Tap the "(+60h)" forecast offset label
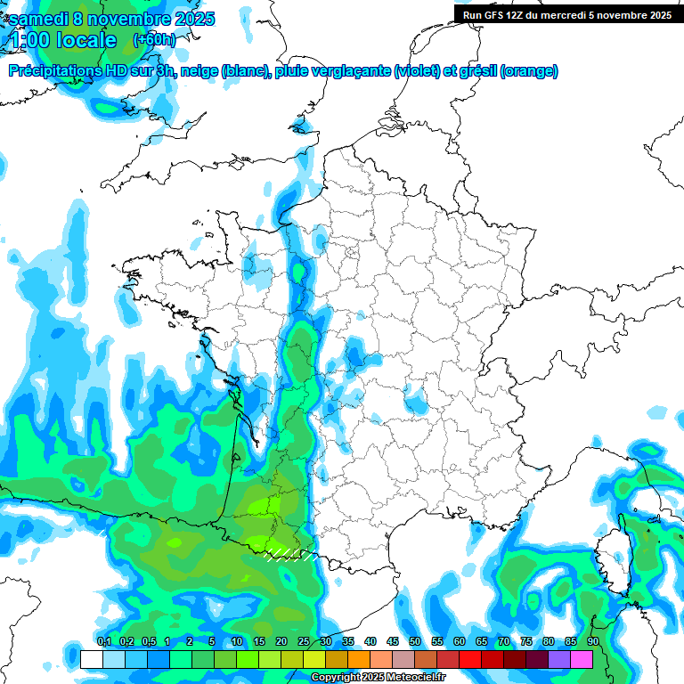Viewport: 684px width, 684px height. coord(154,40)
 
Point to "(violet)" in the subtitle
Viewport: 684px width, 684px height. coord(416,71)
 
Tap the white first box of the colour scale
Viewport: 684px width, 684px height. coord(91,659)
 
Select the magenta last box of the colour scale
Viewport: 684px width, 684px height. coord(582,659)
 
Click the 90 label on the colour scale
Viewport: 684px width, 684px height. coord(592,642)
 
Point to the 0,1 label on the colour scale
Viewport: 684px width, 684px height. coord(103,642)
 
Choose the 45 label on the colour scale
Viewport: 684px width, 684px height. coord(393,642)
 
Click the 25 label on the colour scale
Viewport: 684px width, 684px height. coord(304,642)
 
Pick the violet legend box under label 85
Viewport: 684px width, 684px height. coord(559,659)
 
